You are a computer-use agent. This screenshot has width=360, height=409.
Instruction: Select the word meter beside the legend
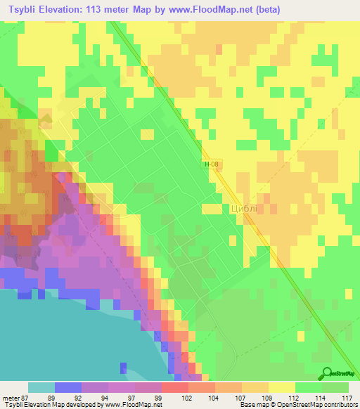[x=10, y=398]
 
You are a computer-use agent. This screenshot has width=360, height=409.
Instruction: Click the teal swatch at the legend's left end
[x=41, y=387]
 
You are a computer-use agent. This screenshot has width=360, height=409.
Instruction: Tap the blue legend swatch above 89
[x=67, y=387]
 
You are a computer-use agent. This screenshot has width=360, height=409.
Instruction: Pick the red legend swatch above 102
[x=174, y=387]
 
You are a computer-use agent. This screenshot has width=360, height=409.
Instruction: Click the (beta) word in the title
[x=268, y=9]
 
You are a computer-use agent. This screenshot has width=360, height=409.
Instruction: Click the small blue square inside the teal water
[x=124, y=368]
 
